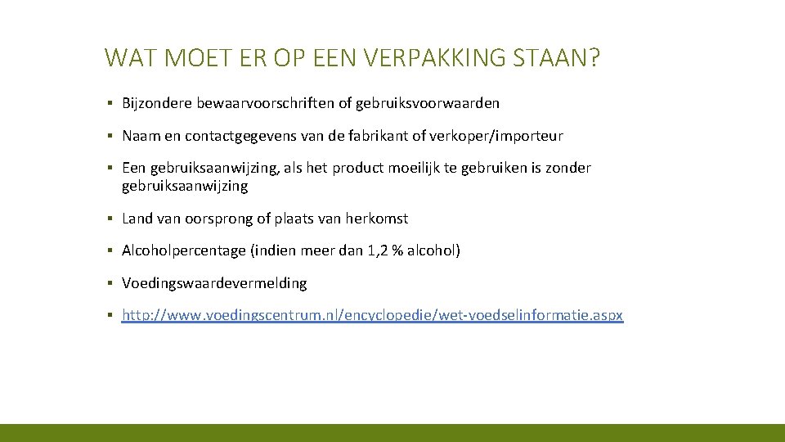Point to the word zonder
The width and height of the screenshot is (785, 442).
pyautogui.click(x=569, y=168)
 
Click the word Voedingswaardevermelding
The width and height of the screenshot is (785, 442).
pyautogui.click(x=214, y=283)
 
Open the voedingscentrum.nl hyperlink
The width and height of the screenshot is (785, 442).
pyautogui.click(x=372, y=316)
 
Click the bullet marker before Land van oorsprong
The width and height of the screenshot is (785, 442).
pyautogui.click(x=110, y=219)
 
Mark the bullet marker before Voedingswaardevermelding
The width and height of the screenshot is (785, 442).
pyautogui.click(x=110, y=283)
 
